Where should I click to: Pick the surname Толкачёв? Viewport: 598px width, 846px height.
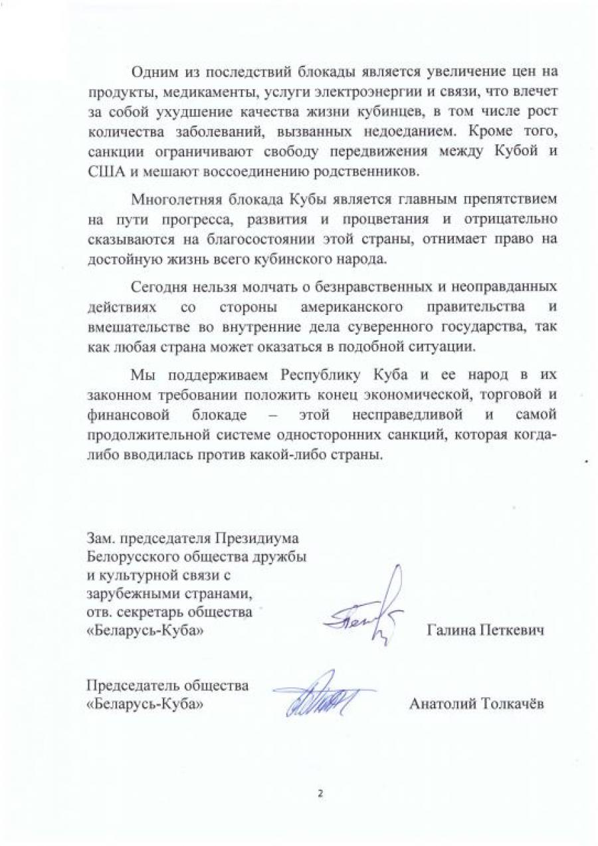pos(512,704)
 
